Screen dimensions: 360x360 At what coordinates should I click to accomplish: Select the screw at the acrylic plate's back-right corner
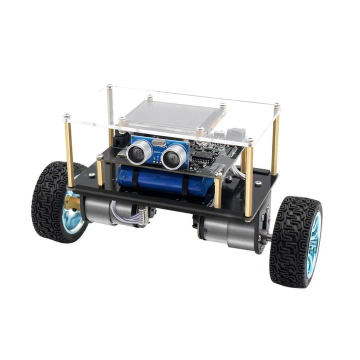(276, 105)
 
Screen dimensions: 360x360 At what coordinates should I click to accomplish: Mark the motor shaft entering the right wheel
(268, 237)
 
